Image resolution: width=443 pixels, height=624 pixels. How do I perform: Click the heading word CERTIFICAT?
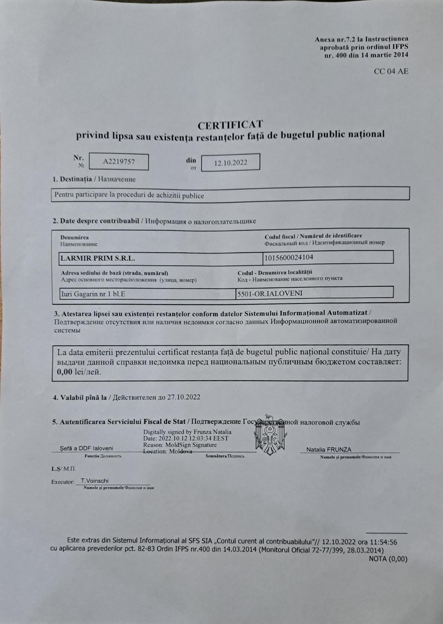click(x=230, y=124)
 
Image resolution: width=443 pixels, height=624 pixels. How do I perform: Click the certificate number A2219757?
click(x=119, y=162)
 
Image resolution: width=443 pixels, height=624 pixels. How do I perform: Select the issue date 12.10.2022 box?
click(x=231, y=162)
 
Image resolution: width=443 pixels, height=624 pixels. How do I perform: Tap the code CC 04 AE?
click(x=391, y=71)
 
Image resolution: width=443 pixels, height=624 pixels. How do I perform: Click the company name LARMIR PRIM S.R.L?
click(x=98, y=258)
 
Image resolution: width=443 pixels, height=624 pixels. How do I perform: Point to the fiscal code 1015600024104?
click(x=289, y=257)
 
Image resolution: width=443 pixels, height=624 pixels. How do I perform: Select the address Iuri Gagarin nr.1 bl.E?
click(x=93, y=294)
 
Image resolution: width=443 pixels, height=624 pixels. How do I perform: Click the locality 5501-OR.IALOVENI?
click(x=270, y=293)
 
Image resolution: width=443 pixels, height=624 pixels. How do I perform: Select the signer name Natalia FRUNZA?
click(x=329, y=449)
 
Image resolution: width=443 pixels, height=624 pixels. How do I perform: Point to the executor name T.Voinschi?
click(x=95, y=481)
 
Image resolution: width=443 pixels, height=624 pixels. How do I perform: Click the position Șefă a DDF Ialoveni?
click(x=87, y=448)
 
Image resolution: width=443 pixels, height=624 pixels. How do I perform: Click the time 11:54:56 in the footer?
click(x=384, y=542)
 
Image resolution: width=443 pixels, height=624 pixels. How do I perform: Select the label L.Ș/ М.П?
click(x=63, y=469)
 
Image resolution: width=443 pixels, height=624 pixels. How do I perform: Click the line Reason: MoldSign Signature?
click(x=180, y=445)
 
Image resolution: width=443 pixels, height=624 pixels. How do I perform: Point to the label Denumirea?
click(x=75, y=237)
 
